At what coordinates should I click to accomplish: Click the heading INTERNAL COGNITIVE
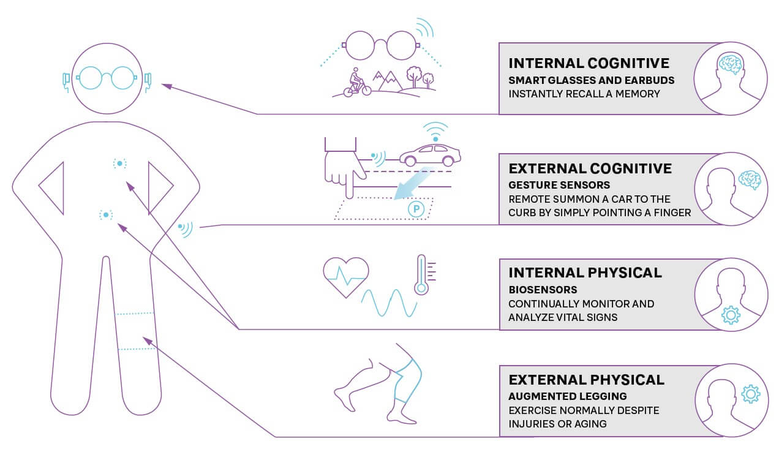click(589, 63)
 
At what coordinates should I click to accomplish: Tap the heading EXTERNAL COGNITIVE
click(590, 168)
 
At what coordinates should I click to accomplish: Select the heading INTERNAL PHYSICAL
click(585, 273)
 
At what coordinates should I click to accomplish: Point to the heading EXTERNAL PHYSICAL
click(586, 380)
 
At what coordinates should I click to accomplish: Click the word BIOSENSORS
click(543, 289)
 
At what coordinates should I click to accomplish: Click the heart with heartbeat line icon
click(346, 276)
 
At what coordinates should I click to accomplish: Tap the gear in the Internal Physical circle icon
click(731, 315)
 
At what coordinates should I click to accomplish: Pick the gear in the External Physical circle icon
click(750, 394)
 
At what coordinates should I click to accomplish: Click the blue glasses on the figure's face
click(107, 78)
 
